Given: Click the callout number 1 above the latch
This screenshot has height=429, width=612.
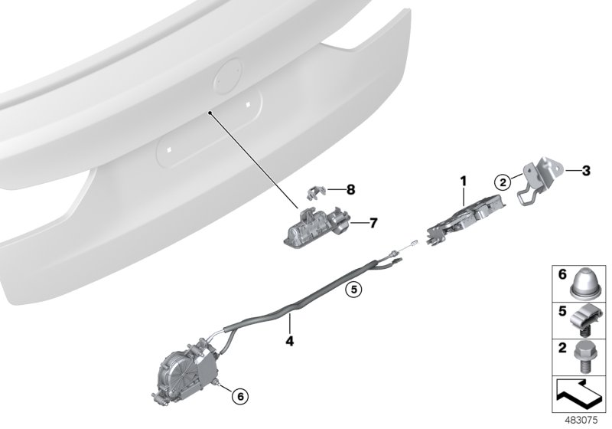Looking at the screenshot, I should (462, 181).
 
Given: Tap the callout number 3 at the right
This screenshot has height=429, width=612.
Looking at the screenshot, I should (584, 170).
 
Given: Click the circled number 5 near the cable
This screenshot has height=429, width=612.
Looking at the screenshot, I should (353, 289).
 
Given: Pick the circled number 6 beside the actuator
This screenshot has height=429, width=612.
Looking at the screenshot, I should (239, 396).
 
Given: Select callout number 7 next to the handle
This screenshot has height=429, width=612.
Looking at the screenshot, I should (373, 224).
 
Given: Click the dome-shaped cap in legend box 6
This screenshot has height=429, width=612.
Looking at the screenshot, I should (585, 283).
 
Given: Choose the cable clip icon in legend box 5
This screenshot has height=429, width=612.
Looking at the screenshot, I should (584, 320).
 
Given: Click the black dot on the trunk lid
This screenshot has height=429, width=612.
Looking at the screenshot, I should (210, 112).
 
